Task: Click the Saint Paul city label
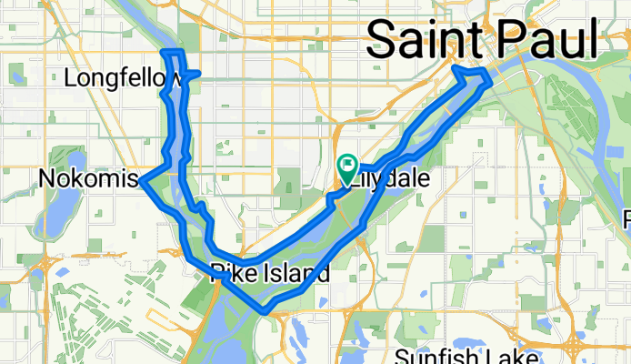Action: [482, 40]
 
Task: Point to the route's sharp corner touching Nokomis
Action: [143, 181]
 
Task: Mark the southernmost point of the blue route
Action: [264, 310]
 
